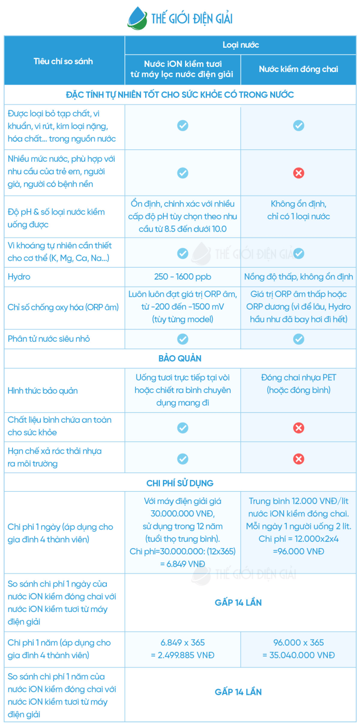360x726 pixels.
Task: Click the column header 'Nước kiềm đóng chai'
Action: pyautogui.click(x=298, y=69)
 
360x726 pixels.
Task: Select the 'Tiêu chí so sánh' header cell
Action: pyautogui.click(x=63, y=61)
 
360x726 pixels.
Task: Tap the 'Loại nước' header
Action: pyautogui.click(x=240, y=45)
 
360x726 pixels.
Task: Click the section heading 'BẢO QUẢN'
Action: pyautogui.click(x=180, y=358)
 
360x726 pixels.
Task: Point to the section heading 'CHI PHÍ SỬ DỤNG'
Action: pyautogui.click(x=180, y=483)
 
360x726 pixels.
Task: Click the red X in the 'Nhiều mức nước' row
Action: pyautogui.click(x=299, y=173)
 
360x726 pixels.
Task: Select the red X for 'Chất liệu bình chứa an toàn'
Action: pyautogui.click(x=299, y=428)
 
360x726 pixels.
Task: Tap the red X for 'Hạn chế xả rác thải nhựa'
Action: pyautogui.click(x=299, y=459)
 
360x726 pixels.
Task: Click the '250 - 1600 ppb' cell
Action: pyautogui.click(x=183, y=276)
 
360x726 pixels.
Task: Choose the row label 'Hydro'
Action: pyautogui.click(x=19, y=276)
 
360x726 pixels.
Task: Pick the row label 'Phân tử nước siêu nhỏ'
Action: pyautogui.click(x=49, y=339)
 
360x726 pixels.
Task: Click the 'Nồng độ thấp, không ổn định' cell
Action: pyautogui.click(x=299, y=276)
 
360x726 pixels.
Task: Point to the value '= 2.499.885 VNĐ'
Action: pyautogui.click(x=183, y=655)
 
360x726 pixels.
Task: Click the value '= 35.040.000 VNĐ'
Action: pyautogui.click(x=299, y=655)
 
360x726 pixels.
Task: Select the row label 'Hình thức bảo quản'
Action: pyautogui.click(x=43, y=390)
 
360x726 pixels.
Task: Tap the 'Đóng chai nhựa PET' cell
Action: pyautogui.click(x=299, y=378)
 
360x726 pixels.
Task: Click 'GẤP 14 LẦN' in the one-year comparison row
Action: pyautogui.click(x=238, y=692)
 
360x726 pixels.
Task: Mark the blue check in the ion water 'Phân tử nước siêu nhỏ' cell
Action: pyautogui.click(x=183, y=339)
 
